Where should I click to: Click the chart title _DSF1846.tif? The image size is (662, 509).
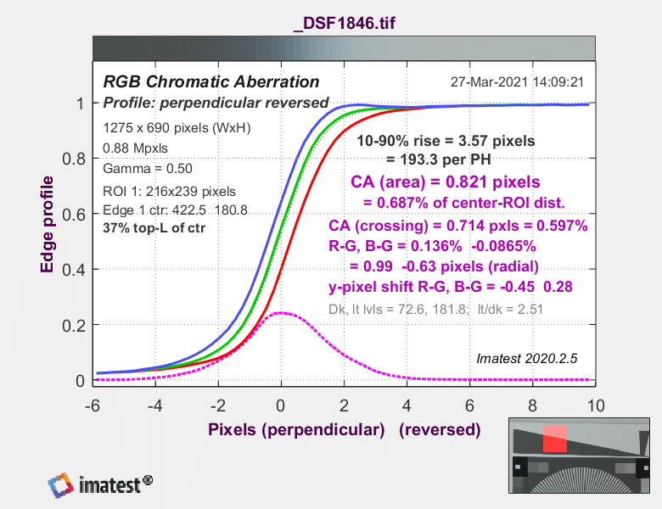tap(345, 23)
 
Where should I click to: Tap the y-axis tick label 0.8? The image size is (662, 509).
tap(74, 159)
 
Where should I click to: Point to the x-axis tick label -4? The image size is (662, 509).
tap(155, 406)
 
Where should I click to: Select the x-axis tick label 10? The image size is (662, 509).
tap(596, 406)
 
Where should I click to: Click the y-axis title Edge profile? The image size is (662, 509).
tap(47, 224)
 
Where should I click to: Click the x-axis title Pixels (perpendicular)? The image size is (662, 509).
tap(296, 429)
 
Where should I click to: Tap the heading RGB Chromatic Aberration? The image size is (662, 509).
tap(211, 81)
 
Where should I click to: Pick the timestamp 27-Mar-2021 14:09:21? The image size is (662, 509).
tap(517, 81)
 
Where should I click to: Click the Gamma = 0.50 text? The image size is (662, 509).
tap(148, 169)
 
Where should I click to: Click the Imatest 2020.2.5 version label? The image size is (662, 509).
tap(527, 358)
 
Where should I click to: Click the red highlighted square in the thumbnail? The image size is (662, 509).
tap(555, 439)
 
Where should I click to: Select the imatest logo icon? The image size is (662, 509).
tap(60, 485)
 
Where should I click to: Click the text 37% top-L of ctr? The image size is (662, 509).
tap(154, 228)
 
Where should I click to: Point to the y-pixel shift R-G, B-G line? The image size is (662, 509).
tap(451, 287)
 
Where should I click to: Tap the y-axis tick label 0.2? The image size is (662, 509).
tap(74, 326)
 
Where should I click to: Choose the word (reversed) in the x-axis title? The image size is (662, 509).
tap(440, 429)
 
